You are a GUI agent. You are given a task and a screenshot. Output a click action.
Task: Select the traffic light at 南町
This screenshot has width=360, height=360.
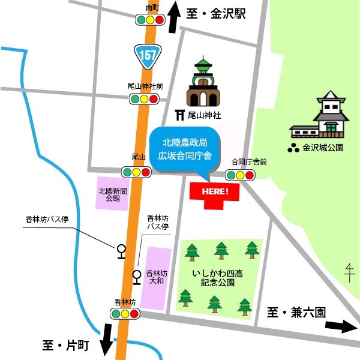click(x=150, y=20)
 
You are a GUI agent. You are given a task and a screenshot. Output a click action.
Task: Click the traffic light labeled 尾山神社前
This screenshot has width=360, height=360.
click(x=144, y=98)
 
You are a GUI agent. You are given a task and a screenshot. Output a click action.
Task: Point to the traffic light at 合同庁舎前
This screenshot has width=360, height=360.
click(x=240, y=175)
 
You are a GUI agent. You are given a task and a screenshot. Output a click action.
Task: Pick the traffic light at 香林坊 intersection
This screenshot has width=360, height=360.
click(x=125, y=313)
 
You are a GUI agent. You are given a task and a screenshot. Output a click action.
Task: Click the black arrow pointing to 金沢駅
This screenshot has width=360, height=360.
click(x=174, y=17)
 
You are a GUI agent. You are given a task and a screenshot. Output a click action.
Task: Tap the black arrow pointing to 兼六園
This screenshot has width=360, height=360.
click(x=341, y=326)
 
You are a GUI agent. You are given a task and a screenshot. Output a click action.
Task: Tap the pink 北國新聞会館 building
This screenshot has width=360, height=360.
click(x=112, y=193)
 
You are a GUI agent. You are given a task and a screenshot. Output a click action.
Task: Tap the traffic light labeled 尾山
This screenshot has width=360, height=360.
click(x=136, y=172)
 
